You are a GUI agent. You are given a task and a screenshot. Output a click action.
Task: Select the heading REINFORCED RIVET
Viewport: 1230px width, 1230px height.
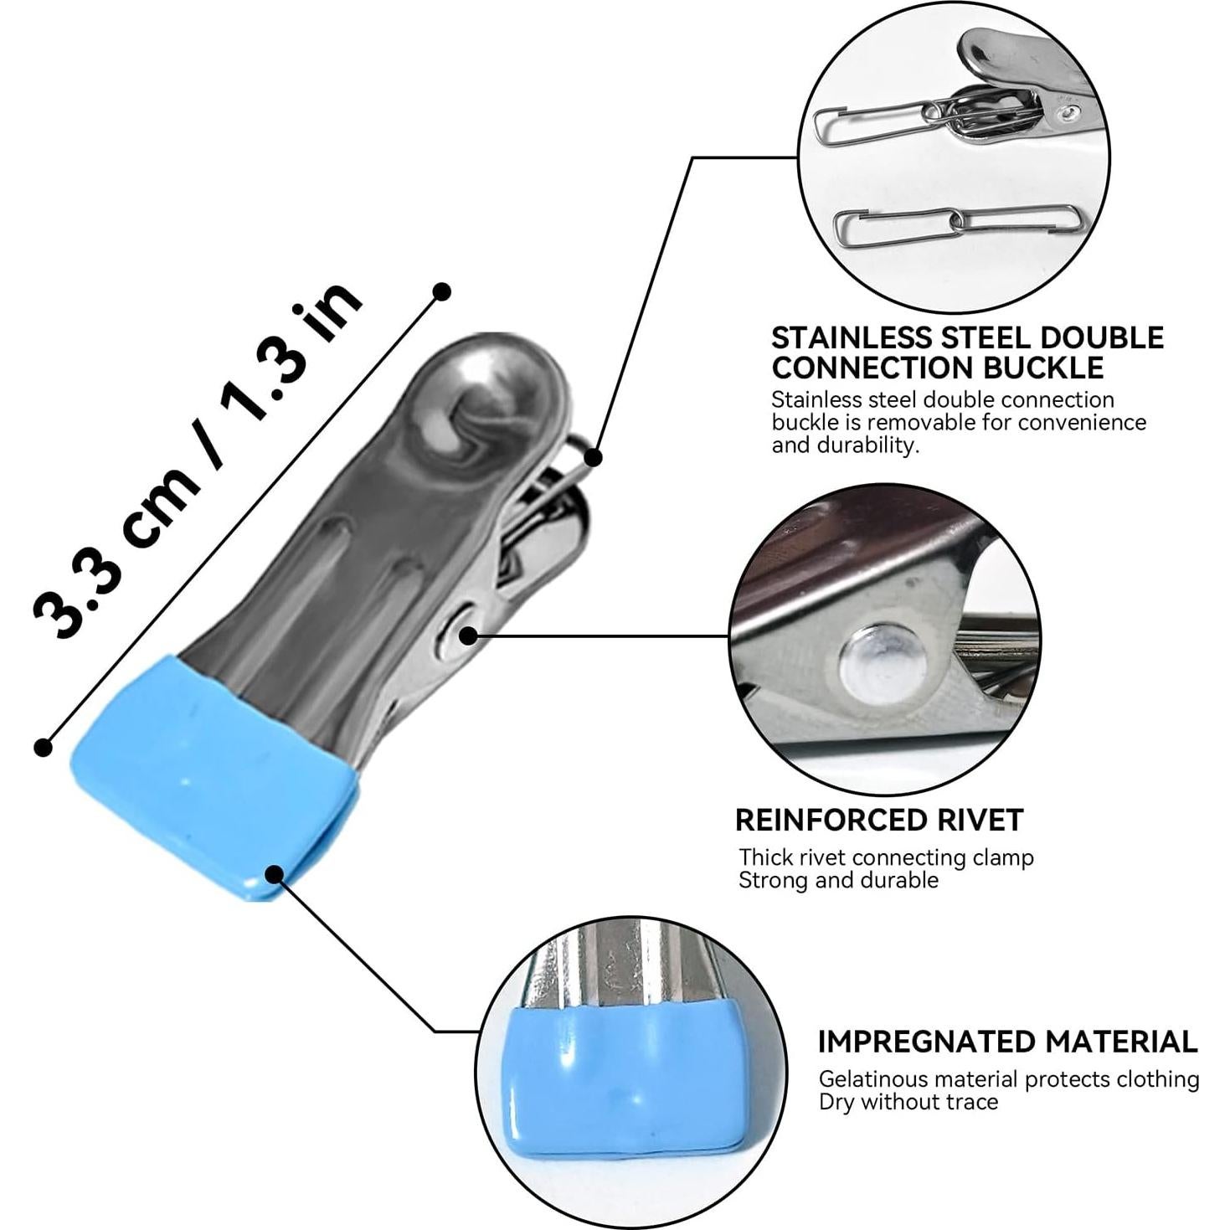tap(879, 820)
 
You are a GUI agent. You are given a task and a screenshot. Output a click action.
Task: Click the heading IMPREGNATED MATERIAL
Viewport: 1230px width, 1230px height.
tap(1007, 1042)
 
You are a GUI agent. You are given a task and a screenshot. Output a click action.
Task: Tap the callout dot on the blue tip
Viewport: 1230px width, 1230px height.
tap(274, 873)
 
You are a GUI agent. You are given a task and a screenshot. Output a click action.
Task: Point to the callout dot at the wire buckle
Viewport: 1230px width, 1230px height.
tap(593, 457)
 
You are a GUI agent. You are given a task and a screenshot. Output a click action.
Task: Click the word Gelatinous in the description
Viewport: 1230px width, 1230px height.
tap(867, 1079)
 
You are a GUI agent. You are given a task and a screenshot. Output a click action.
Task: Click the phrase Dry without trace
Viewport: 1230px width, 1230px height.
tap(908, 1102)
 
